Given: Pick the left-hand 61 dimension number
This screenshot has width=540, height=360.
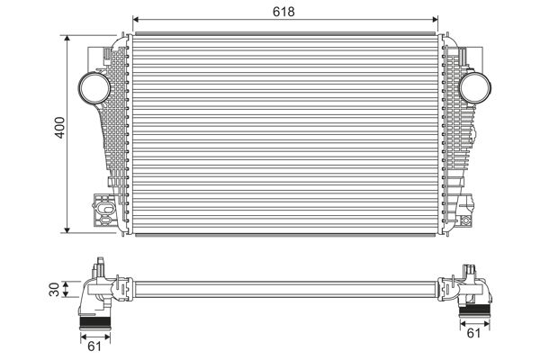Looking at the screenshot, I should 93,344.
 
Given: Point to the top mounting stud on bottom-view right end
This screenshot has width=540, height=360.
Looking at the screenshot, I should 469,269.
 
